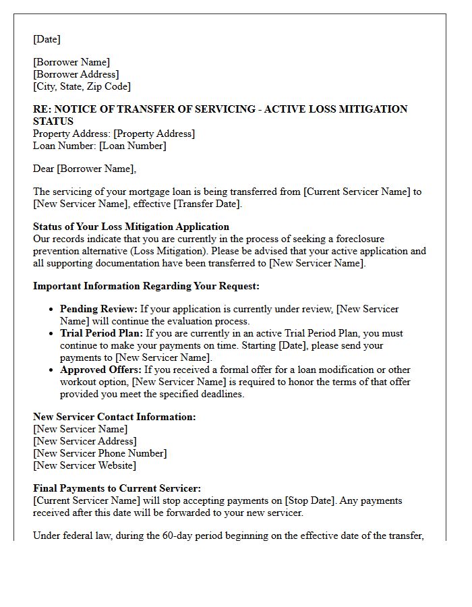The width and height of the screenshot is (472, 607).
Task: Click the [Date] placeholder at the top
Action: click(x=47, y=39)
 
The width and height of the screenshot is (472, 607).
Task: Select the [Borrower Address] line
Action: click(x=76, y=74)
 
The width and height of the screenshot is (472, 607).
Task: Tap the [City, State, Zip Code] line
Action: click(x=82, y=86)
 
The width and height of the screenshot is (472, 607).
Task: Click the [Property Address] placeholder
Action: click(x=154, y=134)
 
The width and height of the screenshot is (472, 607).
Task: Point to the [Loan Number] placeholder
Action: click(x=132, y=146)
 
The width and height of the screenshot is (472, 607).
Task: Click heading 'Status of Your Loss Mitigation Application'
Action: click(x=131, y=227)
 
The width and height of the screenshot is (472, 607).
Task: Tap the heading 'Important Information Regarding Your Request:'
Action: click(x=146, y=286)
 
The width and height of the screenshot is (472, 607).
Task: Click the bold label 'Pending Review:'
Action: click(x=98, y=309)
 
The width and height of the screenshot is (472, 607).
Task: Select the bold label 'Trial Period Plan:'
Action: click(x=101, y=333)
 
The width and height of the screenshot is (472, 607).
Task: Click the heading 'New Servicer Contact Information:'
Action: click(x=115, y=417)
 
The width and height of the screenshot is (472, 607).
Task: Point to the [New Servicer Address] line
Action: click(x=85, y=441)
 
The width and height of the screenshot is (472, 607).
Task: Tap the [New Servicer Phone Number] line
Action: click(x=100, y=453)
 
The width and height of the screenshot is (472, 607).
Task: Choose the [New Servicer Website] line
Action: click(x=84, y=465)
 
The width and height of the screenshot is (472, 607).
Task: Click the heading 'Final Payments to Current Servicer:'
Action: click(x=117, y=488)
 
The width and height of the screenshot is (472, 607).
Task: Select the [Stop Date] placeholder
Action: click(x=309, y=500)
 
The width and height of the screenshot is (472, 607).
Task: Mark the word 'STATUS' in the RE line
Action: click(x=53, y=121)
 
